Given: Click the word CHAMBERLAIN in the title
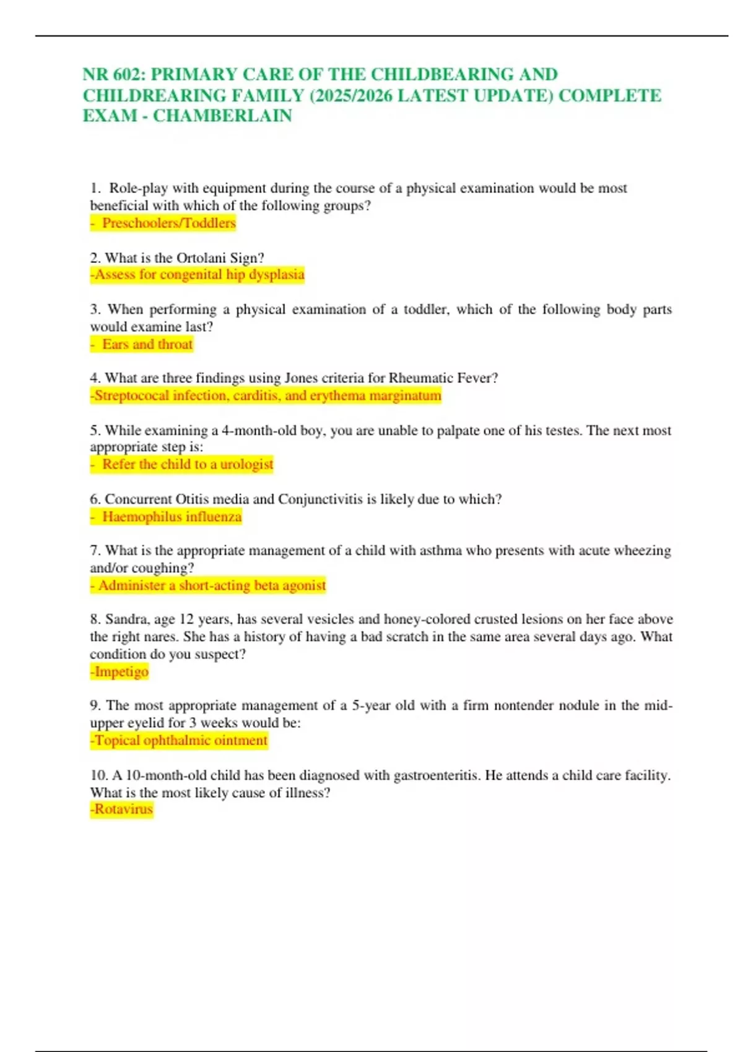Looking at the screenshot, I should (222, 116).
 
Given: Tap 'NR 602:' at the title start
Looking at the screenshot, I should (115, 74).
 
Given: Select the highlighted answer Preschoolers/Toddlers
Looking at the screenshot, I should (168, 223).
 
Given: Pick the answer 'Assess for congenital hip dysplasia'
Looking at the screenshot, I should (198, 274).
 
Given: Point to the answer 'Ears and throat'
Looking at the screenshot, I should (147, 344).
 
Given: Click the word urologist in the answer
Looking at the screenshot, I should (246, 464).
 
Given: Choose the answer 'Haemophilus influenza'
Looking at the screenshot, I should (172, 517).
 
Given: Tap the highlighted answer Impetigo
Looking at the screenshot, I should (121, 671).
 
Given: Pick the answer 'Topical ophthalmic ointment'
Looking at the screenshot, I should (180, 740).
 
